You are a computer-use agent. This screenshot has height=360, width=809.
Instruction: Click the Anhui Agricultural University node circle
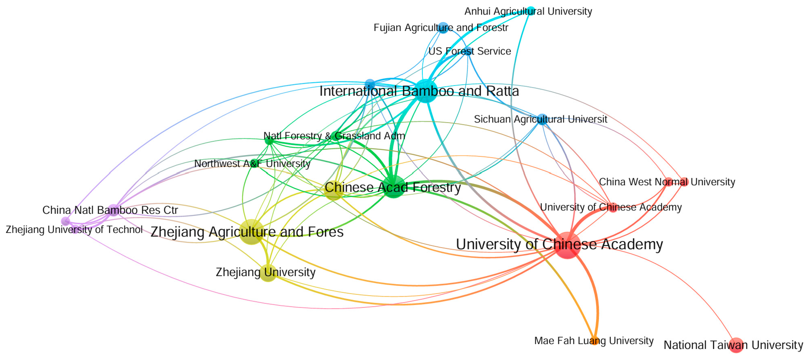click(530, 10)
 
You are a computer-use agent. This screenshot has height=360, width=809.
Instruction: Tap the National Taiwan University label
click(733, 345)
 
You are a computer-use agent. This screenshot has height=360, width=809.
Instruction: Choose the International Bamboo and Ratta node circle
click(426, 91)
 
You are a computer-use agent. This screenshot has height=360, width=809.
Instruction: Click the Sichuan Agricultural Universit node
click(542, 119)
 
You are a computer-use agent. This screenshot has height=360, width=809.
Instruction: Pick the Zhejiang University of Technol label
click(74, 229)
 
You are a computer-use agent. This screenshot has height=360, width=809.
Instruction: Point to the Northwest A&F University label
click(252, 164)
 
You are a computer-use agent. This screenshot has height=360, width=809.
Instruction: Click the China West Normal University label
click(667, 182)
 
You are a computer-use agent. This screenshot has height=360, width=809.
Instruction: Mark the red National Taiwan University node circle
click(736, 345)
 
